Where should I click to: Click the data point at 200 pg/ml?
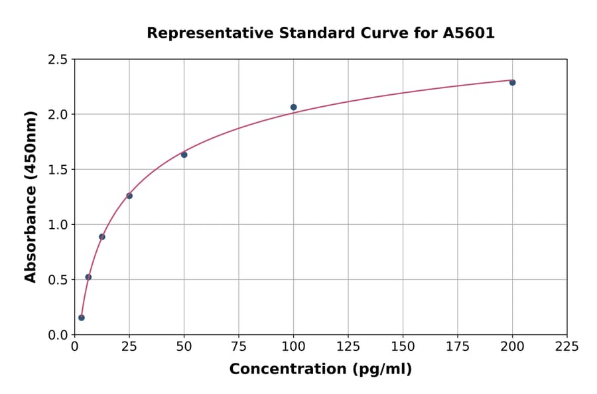pos(512,82)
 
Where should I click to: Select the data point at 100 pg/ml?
pos(293,107)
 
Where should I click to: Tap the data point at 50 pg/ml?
pos(184,155)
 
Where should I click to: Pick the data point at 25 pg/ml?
pos(129,196)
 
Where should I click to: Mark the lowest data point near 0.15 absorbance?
pos(82,318)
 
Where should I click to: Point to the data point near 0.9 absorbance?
pos(102,237)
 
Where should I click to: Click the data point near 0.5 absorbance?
pos(88,277)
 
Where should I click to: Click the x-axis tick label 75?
pos(239,346)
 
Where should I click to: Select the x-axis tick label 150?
pos(403,346)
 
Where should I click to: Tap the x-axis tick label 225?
pos(566,346)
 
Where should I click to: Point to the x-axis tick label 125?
pos(348,346)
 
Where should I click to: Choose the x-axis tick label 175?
pos(457,346)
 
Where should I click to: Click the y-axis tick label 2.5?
pos(58,60)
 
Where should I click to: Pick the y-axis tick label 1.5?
pos(58,170)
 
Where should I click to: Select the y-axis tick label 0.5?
pos(58,280)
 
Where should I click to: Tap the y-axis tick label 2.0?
pos(58,115)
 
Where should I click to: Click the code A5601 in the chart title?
pos(468,33)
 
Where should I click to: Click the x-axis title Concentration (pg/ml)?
pos(320,369)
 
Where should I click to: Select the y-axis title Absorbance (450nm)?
pos(31,197)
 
